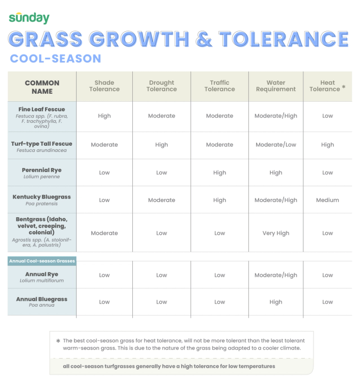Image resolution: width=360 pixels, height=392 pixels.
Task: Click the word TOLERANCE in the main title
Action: point(284,39)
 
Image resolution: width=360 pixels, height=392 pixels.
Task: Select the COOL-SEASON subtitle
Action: point(56,59)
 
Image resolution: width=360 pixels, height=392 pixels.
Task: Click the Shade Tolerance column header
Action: point(104,86)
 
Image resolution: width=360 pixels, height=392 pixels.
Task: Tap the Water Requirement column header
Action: point(276,86)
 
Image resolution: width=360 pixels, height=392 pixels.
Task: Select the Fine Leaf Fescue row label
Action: point(42,110)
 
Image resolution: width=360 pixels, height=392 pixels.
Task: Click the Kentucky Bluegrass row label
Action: point(42,197)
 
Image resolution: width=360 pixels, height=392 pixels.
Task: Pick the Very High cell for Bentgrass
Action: point(276,233)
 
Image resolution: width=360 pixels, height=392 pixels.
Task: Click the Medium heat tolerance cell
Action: point(327,200)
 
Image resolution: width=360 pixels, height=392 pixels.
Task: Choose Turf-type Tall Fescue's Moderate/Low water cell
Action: point(276,145)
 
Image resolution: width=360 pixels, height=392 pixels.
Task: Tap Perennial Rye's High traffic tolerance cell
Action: point(219,173)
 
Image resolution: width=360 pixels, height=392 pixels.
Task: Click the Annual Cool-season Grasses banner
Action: point(42,261)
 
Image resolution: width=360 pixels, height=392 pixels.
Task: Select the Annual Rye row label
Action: point(42,274)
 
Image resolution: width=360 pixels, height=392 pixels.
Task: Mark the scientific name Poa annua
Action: point(42,305)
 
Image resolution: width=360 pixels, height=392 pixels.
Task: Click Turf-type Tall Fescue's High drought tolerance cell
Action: point(161,145)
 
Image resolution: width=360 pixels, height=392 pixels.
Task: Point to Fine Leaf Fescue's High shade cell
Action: point(104,116)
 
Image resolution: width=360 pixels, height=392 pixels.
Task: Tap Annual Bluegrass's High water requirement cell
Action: point(276,302)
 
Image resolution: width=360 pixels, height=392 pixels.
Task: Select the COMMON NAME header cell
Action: point(42,87)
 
